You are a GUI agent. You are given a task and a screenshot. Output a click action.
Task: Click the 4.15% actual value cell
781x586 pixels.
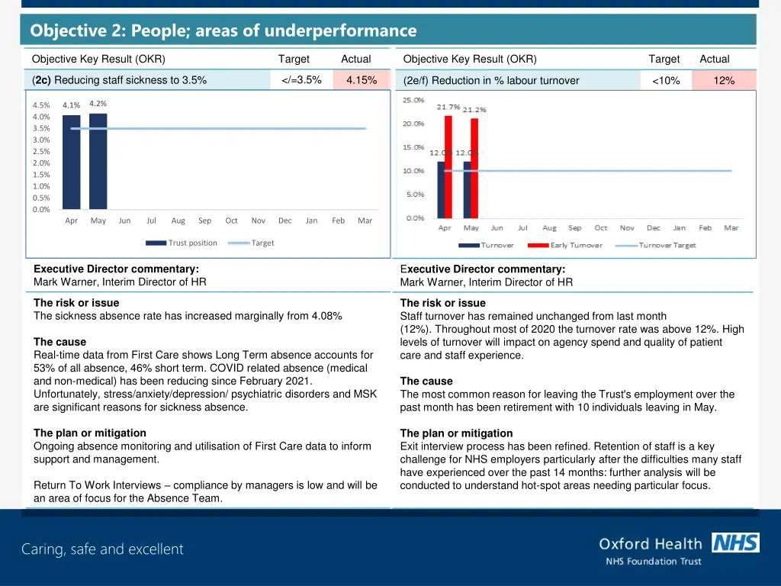[x=362, y=80]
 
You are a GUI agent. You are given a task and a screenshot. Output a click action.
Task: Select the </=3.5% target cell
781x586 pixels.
[x=301, y=80]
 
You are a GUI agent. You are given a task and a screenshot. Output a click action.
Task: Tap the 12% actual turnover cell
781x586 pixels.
[x=724, y=81]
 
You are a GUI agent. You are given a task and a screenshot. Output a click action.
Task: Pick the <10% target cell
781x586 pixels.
[x=666, y=81]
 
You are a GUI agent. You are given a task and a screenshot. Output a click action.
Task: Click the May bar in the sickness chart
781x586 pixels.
[x=98, y=161]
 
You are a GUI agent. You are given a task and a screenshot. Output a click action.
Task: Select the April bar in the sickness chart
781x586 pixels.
[x=71, y=162]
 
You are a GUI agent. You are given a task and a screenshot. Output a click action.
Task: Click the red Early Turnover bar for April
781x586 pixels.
[x=448, y=166]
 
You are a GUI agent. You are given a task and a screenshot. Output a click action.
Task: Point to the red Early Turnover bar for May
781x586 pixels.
[x=474, y=168]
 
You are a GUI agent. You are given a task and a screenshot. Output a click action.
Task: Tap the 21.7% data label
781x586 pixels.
[x=448, y=107]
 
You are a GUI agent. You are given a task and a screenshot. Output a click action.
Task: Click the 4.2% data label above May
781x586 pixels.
[x=98, y=104]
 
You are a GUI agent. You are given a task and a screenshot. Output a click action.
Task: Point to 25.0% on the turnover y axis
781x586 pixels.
[x=414, y=100]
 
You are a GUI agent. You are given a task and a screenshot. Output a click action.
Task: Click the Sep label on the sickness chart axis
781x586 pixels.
[x=204, y=221]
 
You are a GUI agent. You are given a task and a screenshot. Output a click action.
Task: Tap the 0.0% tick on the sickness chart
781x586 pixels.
[x=41, y=209]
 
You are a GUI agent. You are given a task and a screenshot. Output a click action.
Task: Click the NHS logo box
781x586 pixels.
[x=735, y=543]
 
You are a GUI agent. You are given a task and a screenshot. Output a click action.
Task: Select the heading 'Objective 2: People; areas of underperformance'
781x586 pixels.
[x=223, y=31]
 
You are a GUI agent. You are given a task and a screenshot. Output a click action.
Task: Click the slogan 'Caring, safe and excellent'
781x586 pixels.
[x=102, y=549]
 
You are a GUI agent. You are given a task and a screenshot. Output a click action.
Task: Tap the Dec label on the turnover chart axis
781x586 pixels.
[x=653, y=228]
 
